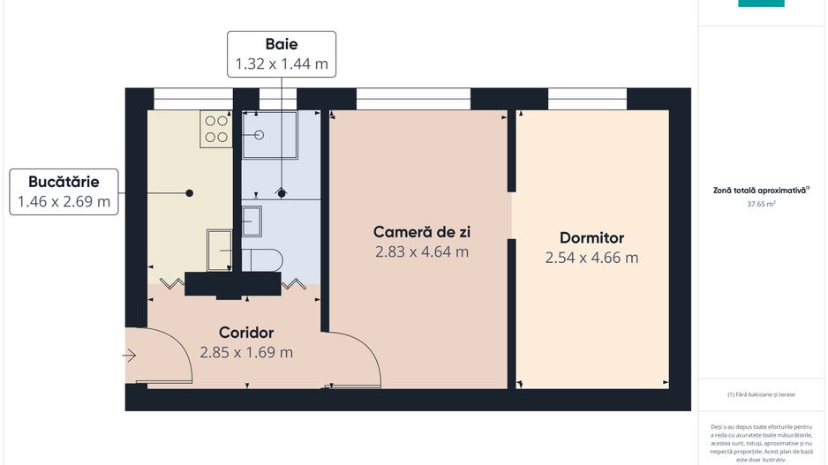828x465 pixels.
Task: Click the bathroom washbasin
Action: click(x=251, y=221)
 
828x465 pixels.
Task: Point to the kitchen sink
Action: click(x=219, y=251)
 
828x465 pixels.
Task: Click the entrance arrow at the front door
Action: click(x=129, y=356)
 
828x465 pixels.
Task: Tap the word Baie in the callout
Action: click(x=282, y=44)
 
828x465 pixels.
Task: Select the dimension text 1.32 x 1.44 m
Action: click(x=282, y=64)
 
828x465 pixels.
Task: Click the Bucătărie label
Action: click(x=64, y=182)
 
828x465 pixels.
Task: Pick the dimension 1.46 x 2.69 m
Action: click(x=64, y=202)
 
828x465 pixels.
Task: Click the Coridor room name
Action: click(x=246, y=333)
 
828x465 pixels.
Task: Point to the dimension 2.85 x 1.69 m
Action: click(x=246, y=353)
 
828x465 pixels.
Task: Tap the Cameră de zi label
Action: click(x=421, y=232)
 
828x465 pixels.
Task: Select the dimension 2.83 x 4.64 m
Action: click(x=421, y=252)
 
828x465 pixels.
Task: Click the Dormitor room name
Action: click(x=591, y=238)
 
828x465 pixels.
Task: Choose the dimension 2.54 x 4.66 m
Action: click(x=591, y=259)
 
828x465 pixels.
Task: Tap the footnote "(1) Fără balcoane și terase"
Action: click(x=760, y=394)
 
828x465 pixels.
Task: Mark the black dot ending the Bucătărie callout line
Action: click(x=189, y=192)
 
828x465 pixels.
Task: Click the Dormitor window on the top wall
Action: click(x=581, y=97)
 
